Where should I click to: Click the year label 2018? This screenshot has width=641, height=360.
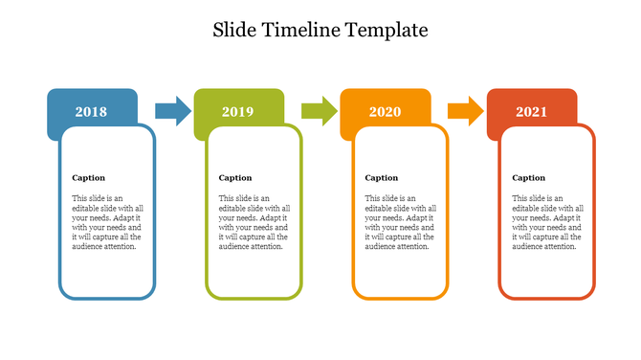pyautogui.click(x=91, y=112)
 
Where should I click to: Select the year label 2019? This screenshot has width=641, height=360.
pyautogui.click(x=237, y=112)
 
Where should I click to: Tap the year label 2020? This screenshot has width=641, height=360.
pyautogui.click(x=385, y=112)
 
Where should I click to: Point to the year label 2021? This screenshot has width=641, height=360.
pyautogui.click(x=531, y=112)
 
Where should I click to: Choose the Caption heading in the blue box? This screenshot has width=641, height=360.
pyautogui.click(x=89, y=177)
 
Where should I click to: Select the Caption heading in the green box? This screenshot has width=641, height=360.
pyautogui.click(x=235, y=177)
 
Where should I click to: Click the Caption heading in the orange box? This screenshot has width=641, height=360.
pyautogui.click(x=382, y=177)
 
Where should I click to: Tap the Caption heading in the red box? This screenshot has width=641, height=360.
pyautogui.click(x=529, y=177)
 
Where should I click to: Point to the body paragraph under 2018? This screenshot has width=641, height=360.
pyautogui.click(x=107, y=222)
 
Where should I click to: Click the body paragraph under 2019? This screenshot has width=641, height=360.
pyautogui.click(x=254, y=222)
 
